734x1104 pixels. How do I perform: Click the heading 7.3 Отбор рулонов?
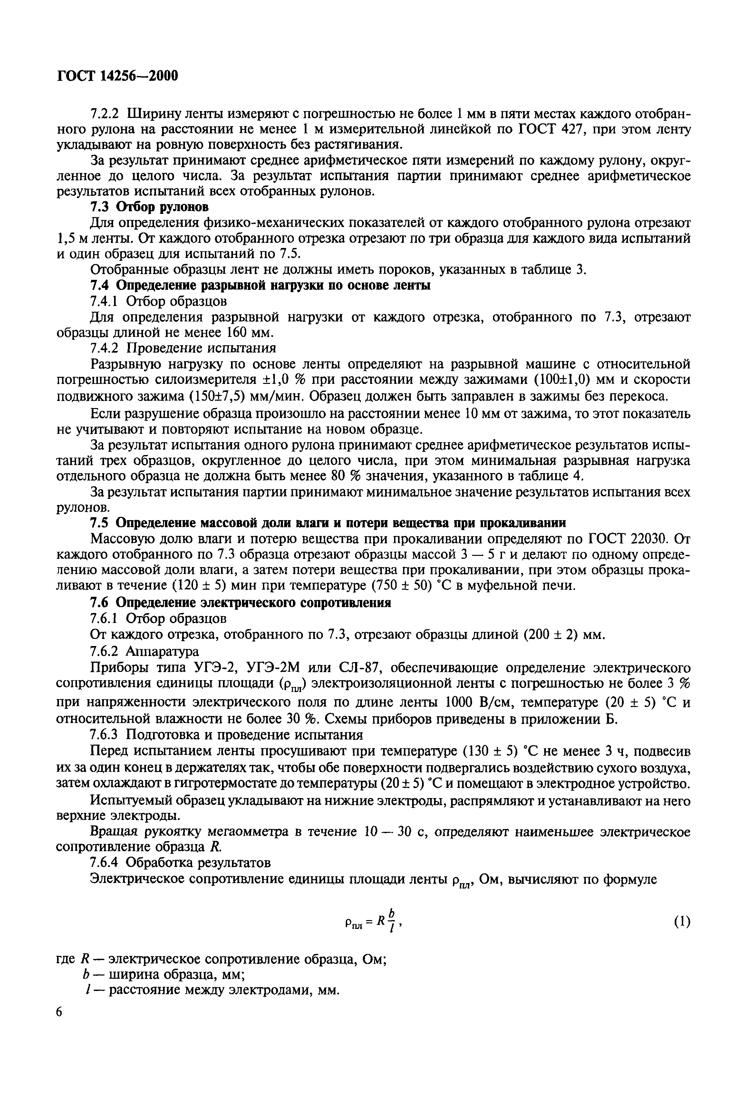tap(149, 206)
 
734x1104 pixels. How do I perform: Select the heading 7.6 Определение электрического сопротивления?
tap(240, 603)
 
